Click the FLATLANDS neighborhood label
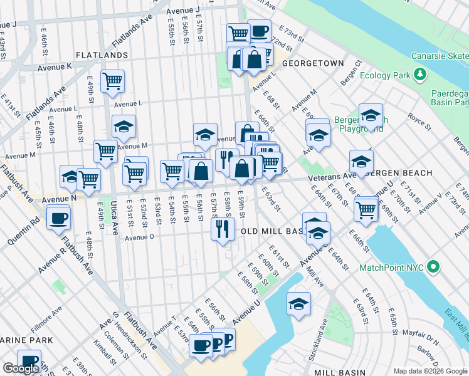[102, 56]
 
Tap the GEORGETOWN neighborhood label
[313, 64]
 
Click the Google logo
[20, 368]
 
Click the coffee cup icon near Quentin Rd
[59, 218]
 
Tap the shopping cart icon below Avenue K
[112, 80]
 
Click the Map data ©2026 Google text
[429, 370]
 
